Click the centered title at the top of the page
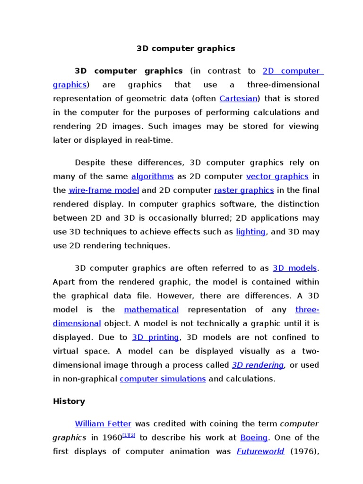pos(186,48)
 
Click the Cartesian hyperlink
pos(239,99)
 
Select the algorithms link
pos(153,176)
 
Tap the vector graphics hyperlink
pos(277,176)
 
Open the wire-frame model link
pos(104,190)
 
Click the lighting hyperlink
pos(251,232)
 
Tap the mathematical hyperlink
pos(151,310)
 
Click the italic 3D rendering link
pos(258,365)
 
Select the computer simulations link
pos(163,379)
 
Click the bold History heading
pos(69,401)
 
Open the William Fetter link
pos(103,423)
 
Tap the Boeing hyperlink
pos(254,438)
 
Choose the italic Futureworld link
pos(260,451)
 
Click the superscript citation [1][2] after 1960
pos(129,435)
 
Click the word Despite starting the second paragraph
pos(90,163)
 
